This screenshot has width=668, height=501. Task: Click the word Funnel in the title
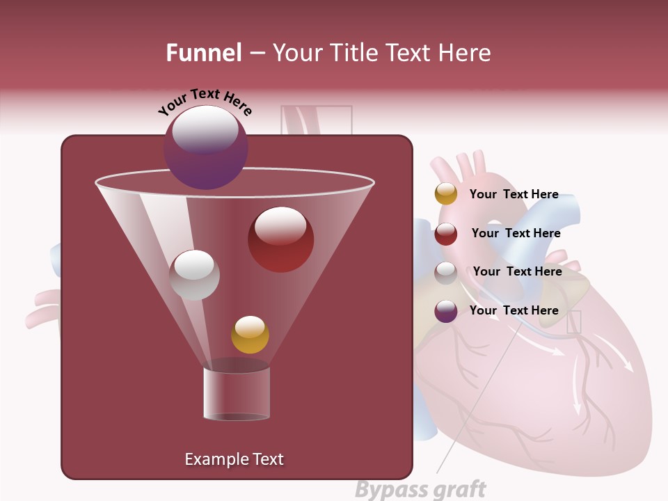[204, 53]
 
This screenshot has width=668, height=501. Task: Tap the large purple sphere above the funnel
[206, 148]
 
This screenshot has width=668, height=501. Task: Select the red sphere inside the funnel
[281, 239]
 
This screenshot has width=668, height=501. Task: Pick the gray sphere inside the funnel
[195, 275]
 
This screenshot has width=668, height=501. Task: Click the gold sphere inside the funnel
[250, 335]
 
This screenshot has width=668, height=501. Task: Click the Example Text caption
[234, 459]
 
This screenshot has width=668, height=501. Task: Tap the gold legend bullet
[446, 194]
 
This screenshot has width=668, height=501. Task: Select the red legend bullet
[446, 234]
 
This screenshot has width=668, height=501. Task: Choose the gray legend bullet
[446, 273]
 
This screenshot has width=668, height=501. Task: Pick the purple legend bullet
[446, 311]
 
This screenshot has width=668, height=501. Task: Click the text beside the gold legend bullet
[514, 194]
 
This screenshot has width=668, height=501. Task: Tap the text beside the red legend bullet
[516, 233]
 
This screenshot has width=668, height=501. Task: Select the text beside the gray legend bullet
[517, 271]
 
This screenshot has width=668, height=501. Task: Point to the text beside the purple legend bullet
[514, 310]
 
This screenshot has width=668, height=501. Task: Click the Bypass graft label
[420, 490]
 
